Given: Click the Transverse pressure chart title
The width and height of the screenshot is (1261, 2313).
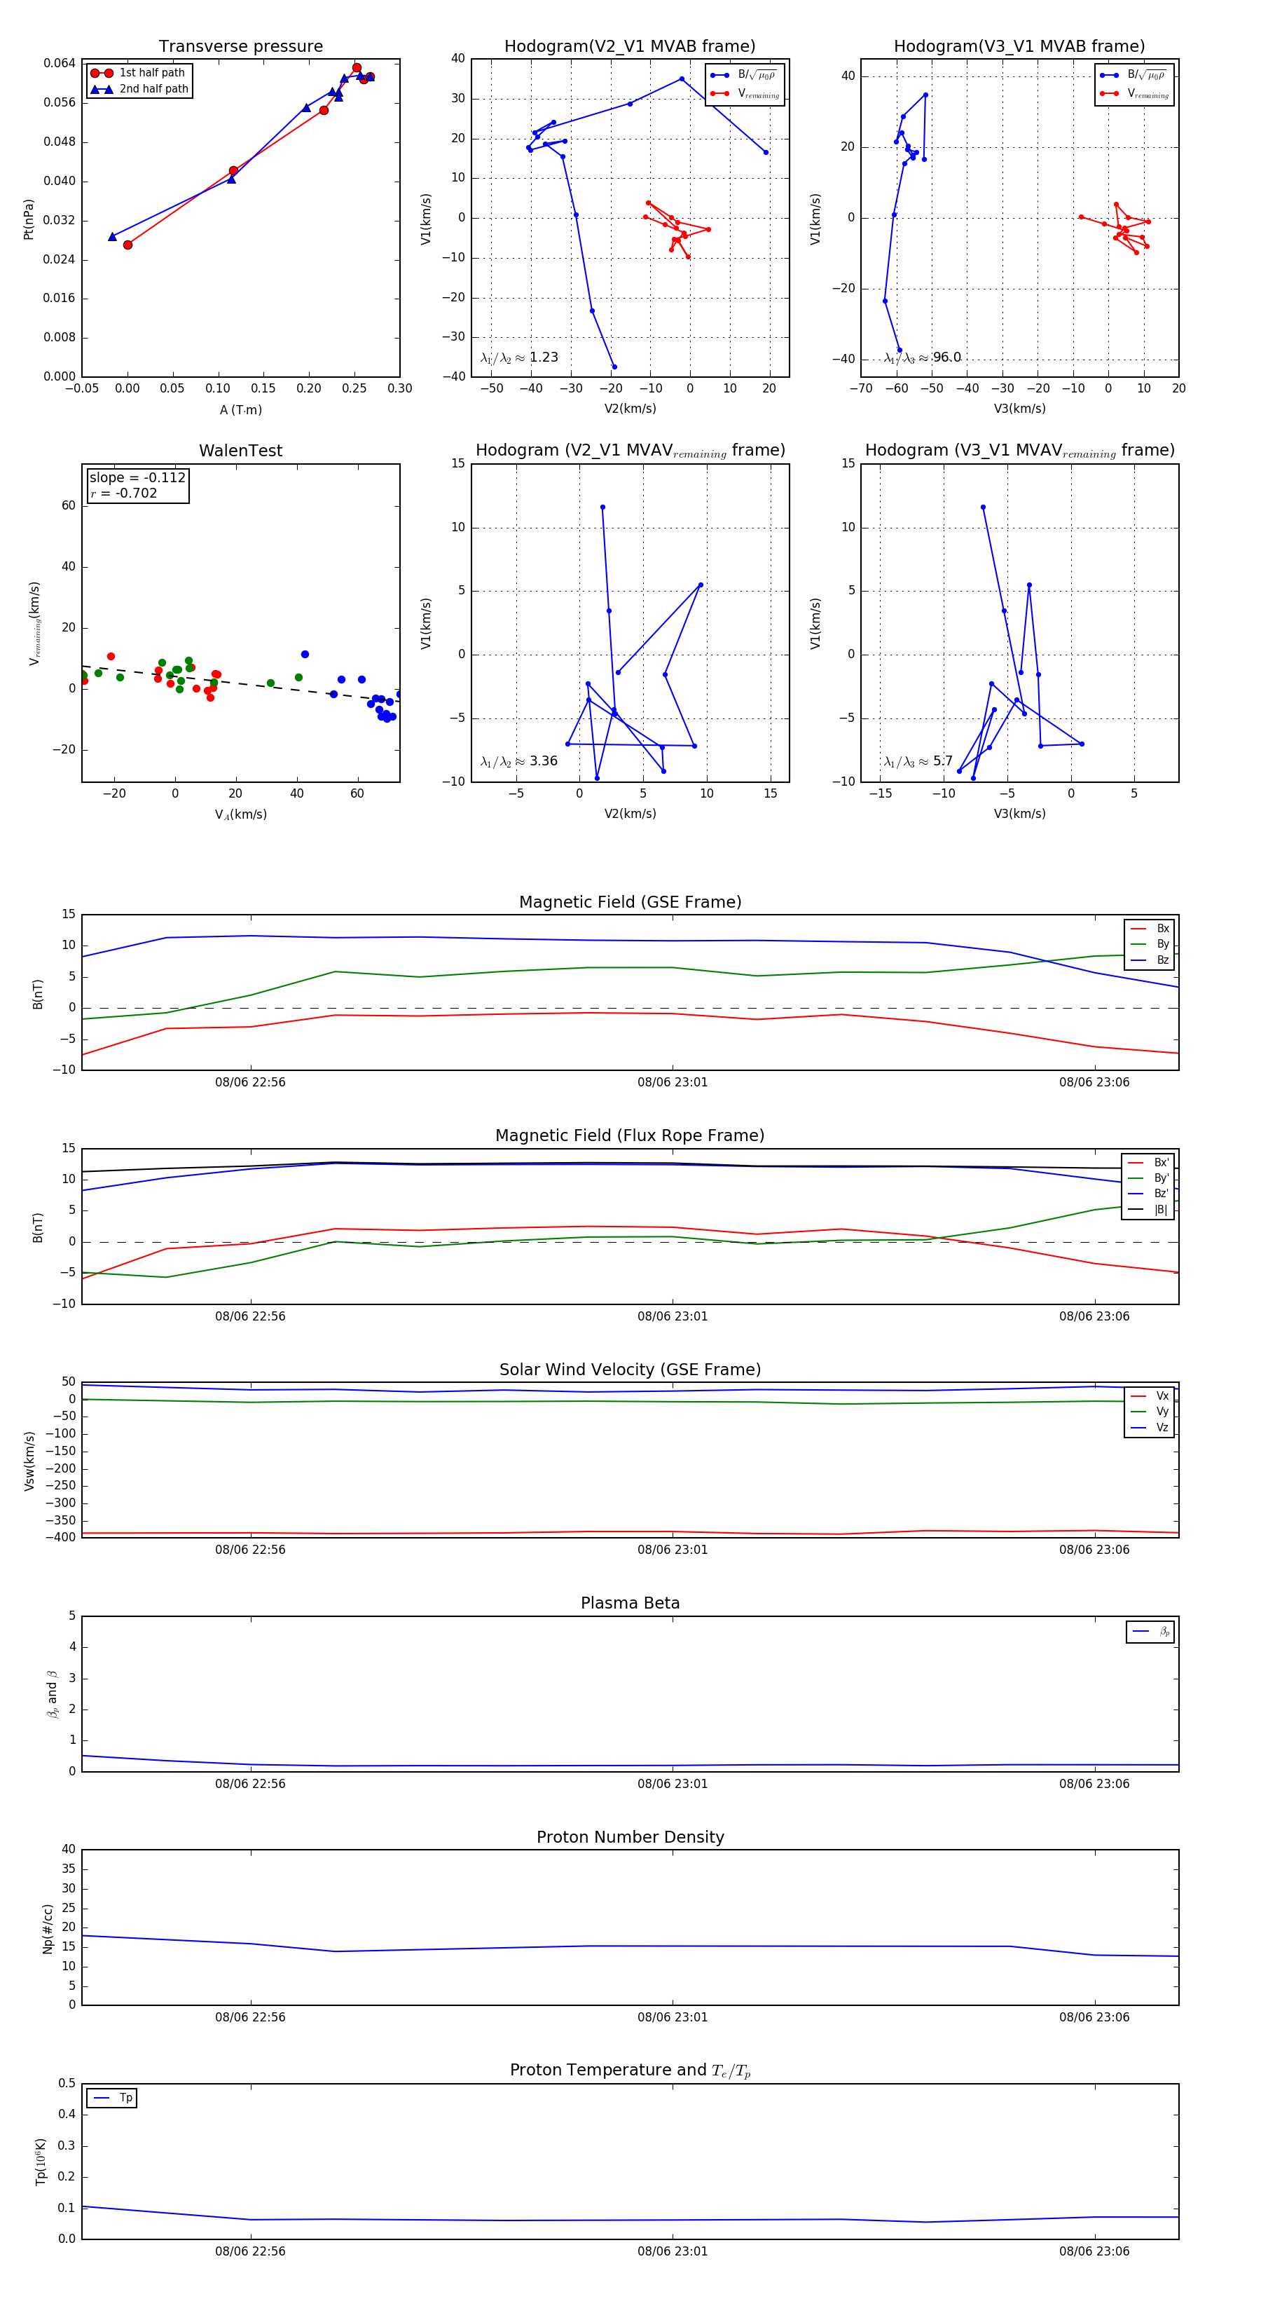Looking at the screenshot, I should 240,47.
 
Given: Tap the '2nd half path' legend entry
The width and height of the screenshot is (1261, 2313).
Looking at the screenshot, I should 153,89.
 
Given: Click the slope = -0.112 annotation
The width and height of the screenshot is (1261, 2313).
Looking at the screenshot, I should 137,478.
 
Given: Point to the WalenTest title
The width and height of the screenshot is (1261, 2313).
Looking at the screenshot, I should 240,451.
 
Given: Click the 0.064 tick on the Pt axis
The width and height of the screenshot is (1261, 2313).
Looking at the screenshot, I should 60,63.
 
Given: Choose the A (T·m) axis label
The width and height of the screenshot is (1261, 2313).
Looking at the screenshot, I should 240,409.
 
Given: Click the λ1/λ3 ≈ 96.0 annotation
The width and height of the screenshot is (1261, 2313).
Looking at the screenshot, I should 922,357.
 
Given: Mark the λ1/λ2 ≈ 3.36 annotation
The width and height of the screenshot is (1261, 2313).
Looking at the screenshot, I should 518,761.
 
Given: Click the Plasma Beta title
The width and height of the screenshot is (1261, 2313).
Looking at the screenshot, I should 630,1603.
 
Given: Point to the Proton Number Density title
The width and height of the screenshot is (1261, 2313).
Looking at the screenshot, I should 630,1837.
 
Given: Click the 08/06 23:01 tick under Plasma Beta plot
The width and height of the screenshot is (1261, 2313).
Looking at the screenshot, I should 673,1783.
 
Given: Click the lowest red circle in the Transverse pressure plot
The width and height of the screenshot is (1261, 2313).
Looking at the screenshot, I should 128,244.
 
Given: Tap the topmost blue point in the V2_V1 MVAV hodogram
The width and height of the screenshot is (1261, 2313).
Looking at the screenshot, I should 602,507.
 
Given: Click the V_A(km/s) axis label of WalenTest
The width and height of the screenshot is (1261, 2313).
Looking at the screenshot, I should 240,814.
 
